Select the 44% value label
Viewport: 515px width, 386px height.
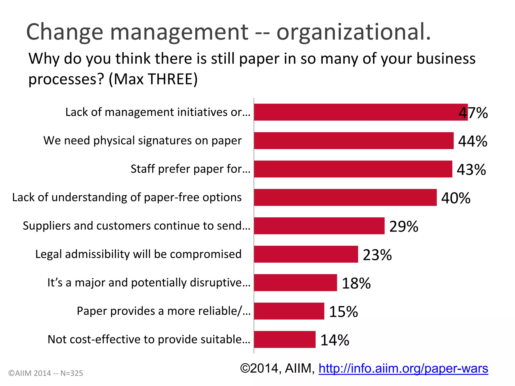coord(473,141)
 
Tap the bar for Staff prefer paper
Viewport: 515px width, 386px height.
coord(353,169)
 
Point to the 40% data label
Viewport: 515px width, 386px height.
coord(456,198)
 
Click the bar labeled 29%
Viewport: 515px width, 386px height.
coord(319,226)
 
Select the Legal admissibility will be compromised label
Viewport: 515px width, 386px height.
coord(138,254)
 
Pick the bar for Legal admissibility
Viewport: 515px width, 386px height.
coord(306,254)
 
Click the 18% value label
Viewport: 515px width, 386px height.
coord(356,283)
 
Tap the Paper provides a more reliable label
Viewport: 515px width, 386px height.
coord(163,311)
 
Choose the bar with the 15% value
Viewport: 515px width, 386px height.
coord(289,311)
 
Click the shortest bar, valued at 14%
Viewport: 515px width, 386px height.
coord(284,340)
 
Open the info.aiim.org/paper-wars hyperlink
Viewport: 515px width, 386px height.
coord(403,368)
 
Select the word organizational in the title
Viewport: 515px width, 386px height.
coord(353,32)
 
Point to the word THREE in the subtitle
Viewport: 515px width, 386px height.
coord(171,79)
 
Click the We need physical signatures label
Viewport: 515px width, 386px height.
coord(142,140)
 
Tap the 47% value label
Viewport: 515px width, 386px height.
coord(473,113)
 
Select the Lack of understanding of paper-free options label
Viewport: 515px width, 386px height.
coord(127,197)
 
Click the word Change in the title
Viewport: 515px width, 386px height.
coord(65,32)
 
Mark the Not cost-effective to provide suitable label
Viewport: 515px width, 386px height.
coord(149,340)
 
